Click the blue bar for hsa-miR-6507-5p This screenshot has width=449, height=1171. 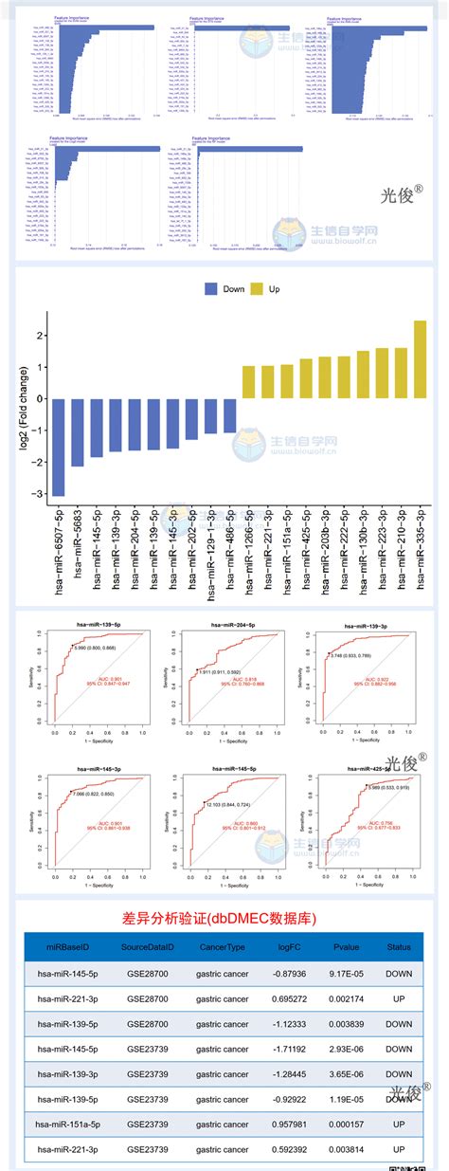pyautogui.click(x=59, y=447)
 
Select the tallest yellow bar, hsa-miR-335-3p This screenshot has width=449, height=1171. pyautogui.click(x=420, y=359)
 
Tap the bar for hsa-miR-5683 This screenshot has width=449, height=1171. pyautogui.click(x=78, y=432)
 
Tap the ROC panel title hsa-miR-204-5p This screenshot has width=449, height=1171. pyautogui.click(x=222, y=599)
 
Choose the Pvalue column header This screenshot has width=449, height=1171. pyautogui.click(x=341, y=947)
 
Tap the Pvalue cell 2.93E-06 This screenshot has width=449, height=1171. pyautogui.click(x=341, y=1049)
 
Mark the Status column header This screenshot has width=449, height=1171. pyautogui.click(x=399, y=947)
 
